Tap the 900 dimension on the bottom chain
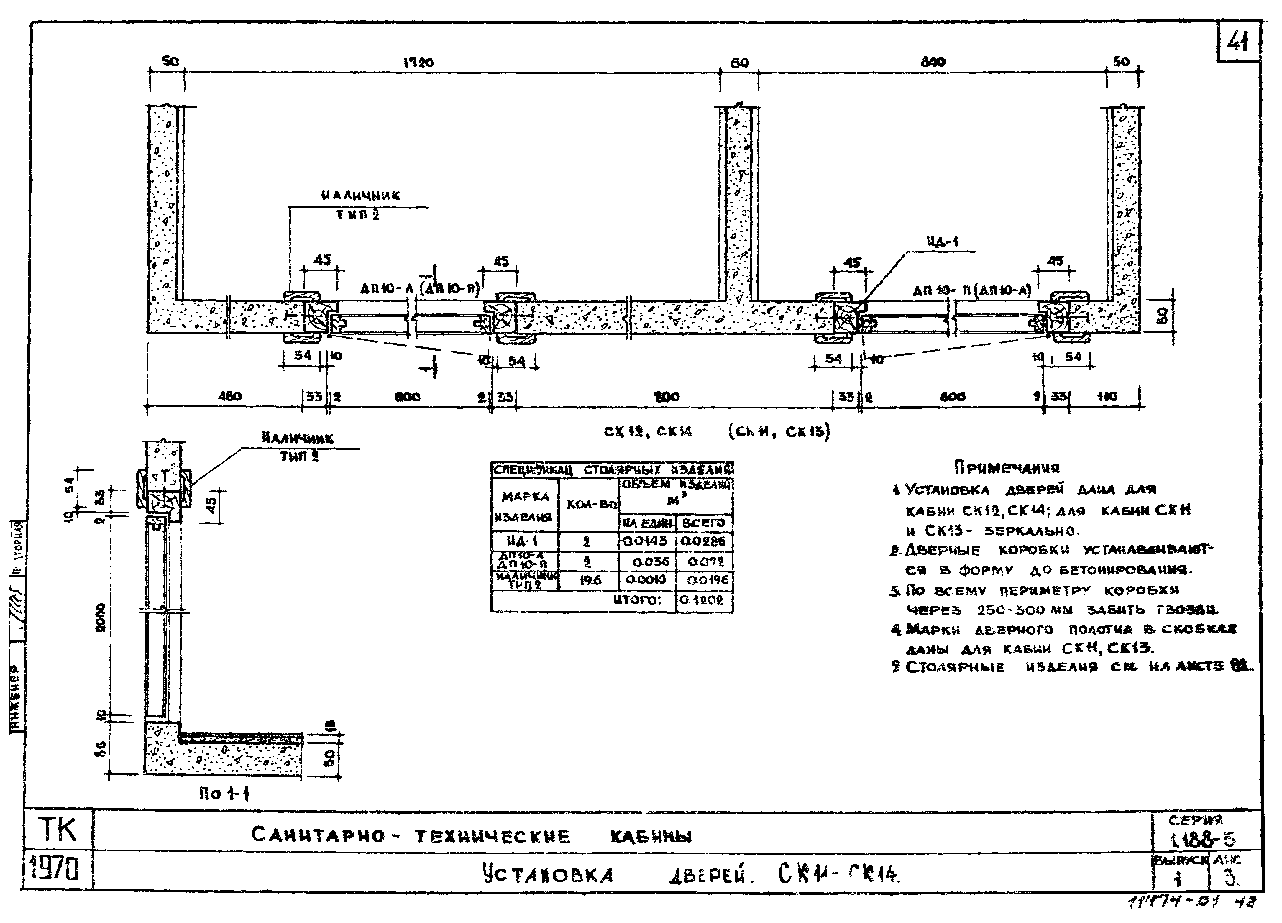point(667,397)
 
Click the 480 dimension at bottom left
point(229,396)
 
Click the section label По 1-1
point(224,794)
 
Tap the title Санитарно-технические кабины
point(472,835)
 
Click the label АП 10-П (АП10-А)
point(972,291)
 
